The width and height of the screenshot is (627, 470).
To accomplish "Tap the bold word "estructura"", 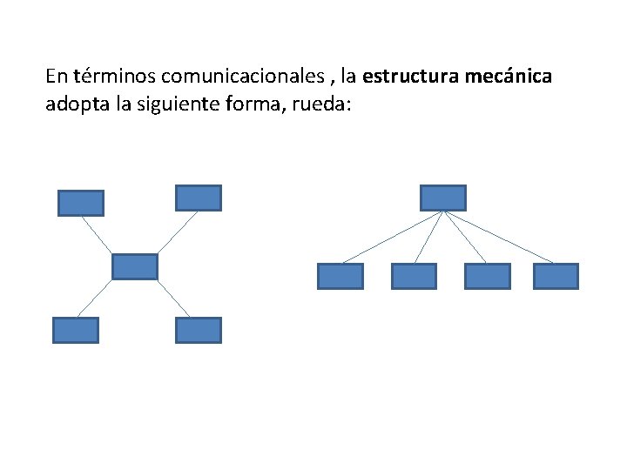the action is tap(410, 77).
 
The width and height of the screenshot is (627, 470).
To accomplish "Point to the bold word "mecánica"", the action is tap(509, 77).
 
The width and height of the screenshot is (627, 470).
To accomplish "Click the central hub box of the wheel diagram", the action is tap(135, 266).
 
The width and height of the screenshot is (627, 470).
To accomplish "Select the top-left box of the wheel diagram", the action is tap(81, 203).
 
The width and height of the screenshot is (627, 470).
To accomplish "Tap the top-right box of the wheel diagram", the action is tap(199, 198).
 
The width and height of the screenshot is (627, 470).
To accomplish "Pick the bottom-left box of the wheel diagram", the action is tap(76, 330).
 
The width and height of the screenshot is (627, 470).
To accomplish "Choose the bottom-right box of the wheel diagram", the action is tap(199, 330).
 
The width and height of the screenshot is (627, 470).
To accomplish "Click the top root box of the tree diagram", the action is tap(443, 198).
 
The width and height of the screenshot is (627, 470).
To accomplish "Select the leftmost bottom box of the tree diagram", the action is tap(340, 276).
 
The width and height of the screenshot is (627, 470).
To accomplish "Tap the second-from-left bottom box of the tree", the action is tap(414, 276).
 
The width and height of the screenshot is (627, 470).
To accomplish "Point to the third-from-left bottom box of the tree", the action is tap(488, 276).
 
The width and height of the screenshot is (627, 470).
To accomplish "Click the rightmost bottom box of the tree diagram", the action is tap(556, 276).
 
